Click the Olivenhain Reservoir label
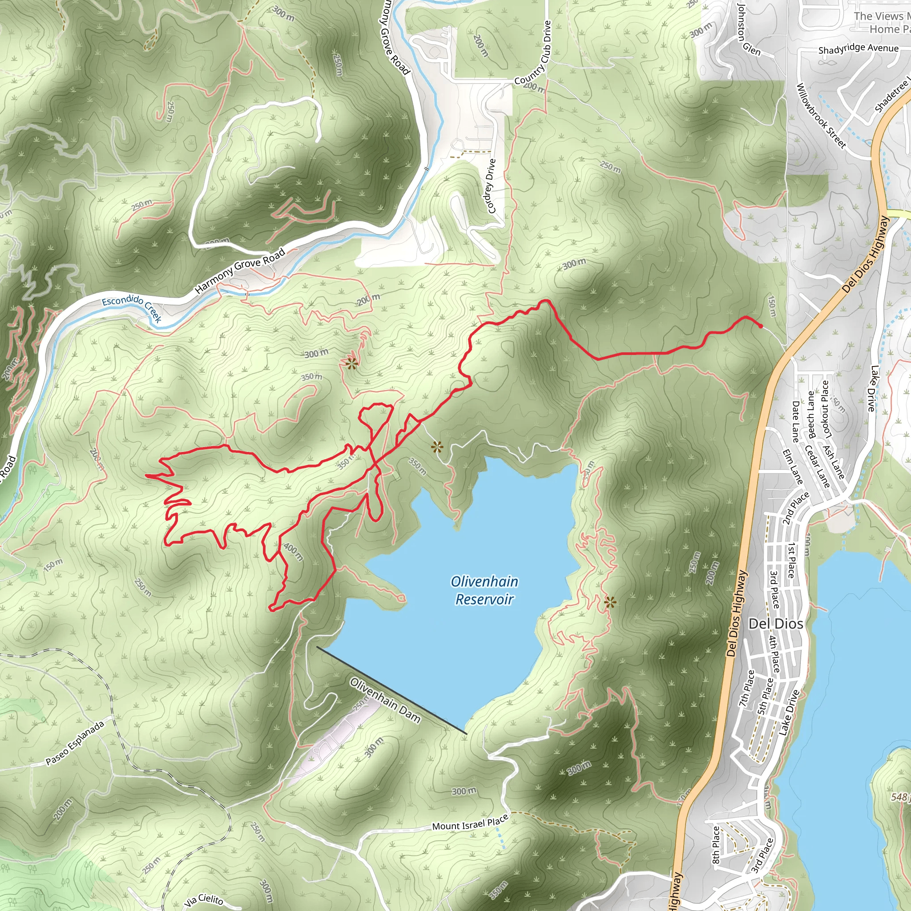[484, 590]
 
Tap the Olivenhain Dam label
[385, 700]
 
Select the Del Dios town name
[776, 624]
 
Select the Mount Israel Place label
[470, 822]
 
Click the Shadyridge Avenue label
[858, 48]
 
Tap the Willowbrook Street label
[821, 116]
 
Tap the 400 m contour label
[292, 552]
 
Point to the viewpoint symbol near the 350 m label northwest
[351, 363]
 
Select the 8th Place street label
[716, 846]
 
